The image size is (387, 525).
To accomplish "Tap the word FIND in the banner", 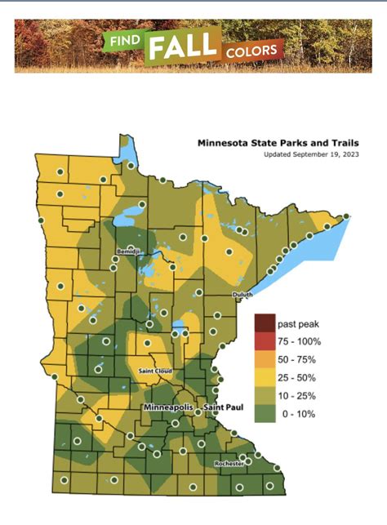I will click(123, 41).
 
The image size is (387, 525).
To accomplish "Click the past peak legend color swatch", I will click(265, 322).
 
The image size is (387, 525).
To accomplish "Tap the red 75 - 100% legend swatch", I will click(265, 340).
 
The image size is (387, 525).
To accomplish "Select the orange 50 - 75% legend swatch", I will click(265, 359).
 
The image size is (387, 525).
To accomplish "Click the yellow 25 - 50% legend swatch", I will click(265, 378).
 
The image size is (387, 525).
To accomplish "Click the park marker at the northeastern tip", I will click(346, 216).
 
